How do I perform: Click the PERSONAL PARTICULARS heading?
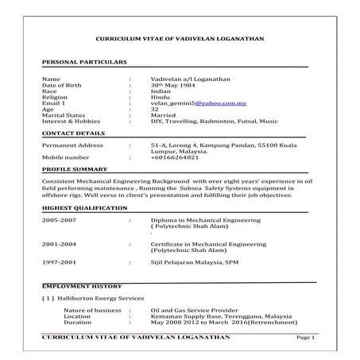click(83, 61)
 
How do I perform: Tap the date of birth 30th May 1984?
click(171, 85)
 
